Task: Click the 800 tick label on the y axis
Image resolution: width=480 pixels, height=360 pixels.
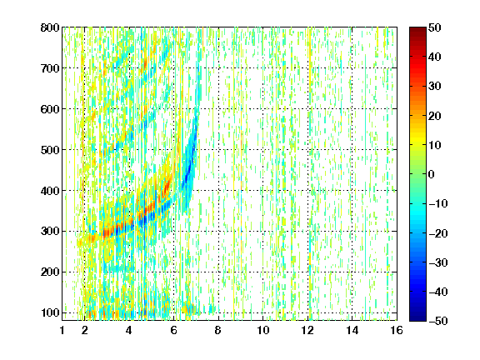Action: coord(50,27)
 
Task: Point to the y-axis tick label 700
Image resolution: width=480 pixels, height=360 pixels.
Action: coord(50,68)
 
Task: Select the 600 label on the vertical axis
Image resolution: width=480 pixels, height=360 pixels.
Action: coord(50,109)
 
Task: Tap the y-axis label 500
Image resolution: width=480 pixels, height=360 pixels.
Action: coord(50,150)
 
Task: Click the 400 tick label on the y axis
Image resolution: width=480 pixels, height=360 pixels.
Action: coord(50,190)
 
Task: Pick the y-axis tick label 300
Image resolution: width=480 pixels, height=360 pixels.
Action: coord(50,231)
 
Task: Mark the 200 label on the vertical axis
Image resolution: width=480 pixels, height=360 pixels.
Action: coord(50,272)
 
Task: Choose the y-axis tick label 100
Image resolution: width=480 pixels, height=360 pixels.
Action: coord(50,312)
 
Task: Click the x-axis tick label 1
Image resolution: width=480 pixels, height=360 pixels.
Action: coord(62,330)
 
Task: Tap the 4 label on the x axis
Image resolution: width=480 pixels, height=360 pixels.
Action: coord(129,330)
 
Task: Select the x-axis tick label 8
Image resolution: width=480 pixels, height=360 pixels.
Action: coord(218,330)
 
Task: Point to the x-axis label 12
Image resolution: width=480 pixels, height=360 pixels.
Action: coord(307,330)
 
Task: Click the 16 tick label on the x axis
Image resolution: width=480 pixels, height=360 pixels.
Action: coord(397,330)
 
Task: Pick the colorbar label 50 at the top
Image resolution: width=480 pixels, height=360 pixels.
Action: coord(434,27)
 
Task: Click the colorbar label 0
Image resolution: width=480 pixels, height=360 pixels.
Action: coord(431,174)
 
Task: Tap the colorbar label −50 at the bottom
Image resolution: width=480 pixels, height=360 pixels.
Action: coord(437,321)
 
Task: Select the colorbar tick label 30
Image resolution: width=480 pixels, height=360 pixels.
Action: coord(434,86)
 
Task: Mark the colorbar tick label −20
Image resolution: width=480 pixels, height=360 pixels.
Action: coord(437,233)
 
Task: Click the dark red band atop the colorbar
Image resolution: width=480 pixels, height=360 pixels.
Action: coord(417,33)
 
